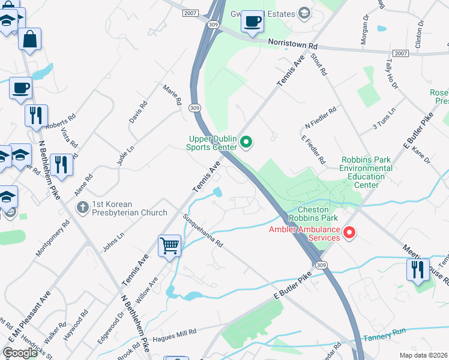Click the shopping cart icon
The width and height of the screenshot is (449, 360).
click(x=170, y=245)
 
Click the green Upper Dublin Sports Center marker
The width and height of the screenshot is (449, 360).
click(x=246, y=142)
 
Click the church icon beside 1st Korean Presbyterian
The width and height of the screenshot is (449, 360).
click(x=83, y=207)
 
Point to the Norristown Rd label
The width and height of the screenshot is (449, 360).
click(x=296, y=45)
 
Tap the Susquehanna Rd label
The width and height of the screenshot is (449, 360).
click(x=202, y=230)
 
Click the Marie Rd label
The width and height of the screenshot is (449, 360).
click(x=172, y=95)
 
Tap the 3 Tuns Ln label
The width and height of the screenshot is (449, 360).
click(x=385, y=118)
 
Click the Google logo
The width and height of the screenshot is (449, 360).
click(x=20, y=352)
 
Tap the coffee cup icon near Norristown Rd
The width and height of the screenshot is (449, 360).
click(x=252, y=22)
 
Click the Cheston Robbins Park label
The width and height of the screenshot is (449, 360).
click(x=313, y=212)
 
